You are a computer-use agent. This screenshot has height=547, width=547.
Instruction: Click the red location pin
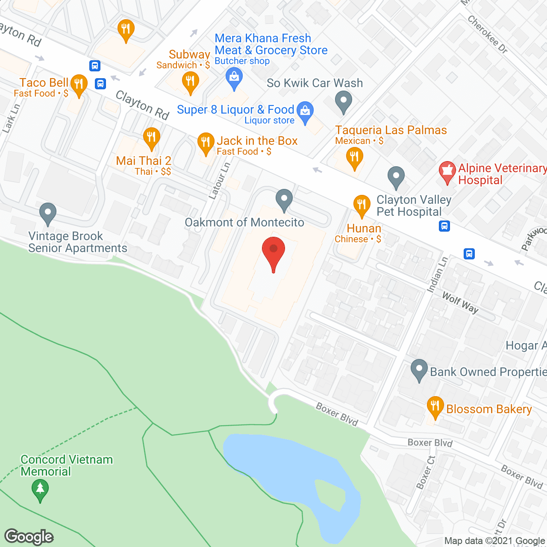pyautogui.click(x=273, y=250)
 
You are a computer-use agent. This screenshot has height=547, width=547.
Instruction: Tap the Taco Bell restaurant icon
pyautogui.click(x=79, y=84)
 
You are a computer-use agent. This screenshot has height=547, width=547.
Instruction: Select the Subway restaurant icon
pyautogui.click(x=190, y=81)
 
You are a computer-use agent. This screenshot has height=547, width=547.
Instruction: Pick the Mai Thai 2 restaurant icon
pyautogui.click(x=151, y=137)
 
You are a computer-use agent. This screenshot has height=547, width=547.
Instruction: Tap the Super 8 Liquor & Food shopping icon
pyautogui.click(x=305, y=111)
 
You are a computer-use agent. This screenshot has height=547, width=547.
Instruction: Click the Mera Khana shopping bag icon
pyautogui.click(x=234, y=77)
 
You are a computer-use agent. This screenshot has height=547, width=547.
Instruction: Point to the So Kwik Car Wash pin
pyautogui.click(x=344, y=102)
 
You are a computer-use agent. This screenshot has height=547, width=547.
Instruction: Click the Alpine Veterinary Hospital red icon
pyautogui.click(x=447, y=171)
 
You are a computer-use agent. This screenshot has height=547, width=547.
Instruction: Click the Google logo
pyautogui.click(x=29, y=537)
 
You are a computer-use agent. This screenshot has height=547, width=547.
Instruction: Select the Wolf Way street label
pyautogui.click(x=460, y=302)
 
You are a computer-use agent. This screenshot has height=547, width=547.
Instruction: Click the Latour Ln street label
pyautogui.click(x=220, y=181)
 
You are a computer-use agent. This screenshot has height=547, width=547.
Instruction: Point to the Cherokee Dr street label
pyautogui.click(x=487, y=35)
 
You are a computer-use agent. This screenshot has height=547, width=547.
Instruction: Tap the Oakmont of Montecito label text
pyautogui.click(x=244, y=223)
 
